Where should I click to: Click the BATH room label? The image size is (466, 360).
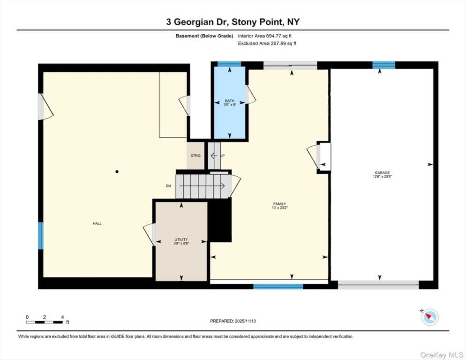point(229,101)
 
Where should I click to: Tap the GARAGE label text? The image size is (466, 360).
point(382,172)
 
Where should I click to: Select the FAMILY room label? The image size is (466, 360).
point(280,203)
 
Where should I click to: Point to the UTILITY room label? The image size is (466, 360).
point(181,240)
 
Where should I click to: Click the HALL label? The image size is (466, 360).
point(97,224)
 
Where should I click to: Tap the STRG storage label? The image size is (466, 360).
point(195,156)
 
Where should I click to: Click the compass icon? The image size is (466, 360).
point(430,317)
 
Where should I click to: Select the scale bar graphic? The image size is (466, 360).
point(45,322)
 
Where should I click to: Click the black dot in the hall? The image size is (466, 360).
point(117,172)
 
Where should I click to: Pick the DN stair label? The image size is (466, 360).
point(168,186)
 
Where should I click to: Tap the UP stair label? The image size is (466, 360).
point(222,156)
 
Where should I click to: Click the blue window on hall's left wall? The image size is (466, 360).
point(41,236)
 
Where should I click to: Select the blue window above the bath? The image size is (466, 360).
point(229,64)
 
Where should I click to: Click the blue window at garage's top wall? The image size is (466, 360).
point(383,65)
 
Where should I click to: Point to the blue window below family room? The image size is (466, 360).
point(278,286)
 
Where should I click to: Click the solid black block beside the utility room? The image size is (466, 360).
point(220,220)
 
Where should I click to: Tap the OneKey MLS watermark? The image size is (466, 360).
point(442,355)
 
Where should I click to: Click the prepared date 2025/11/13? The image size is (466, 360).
point(245,321)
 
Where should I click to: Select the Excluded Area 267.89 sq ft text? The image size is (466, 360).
point(267,44)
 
